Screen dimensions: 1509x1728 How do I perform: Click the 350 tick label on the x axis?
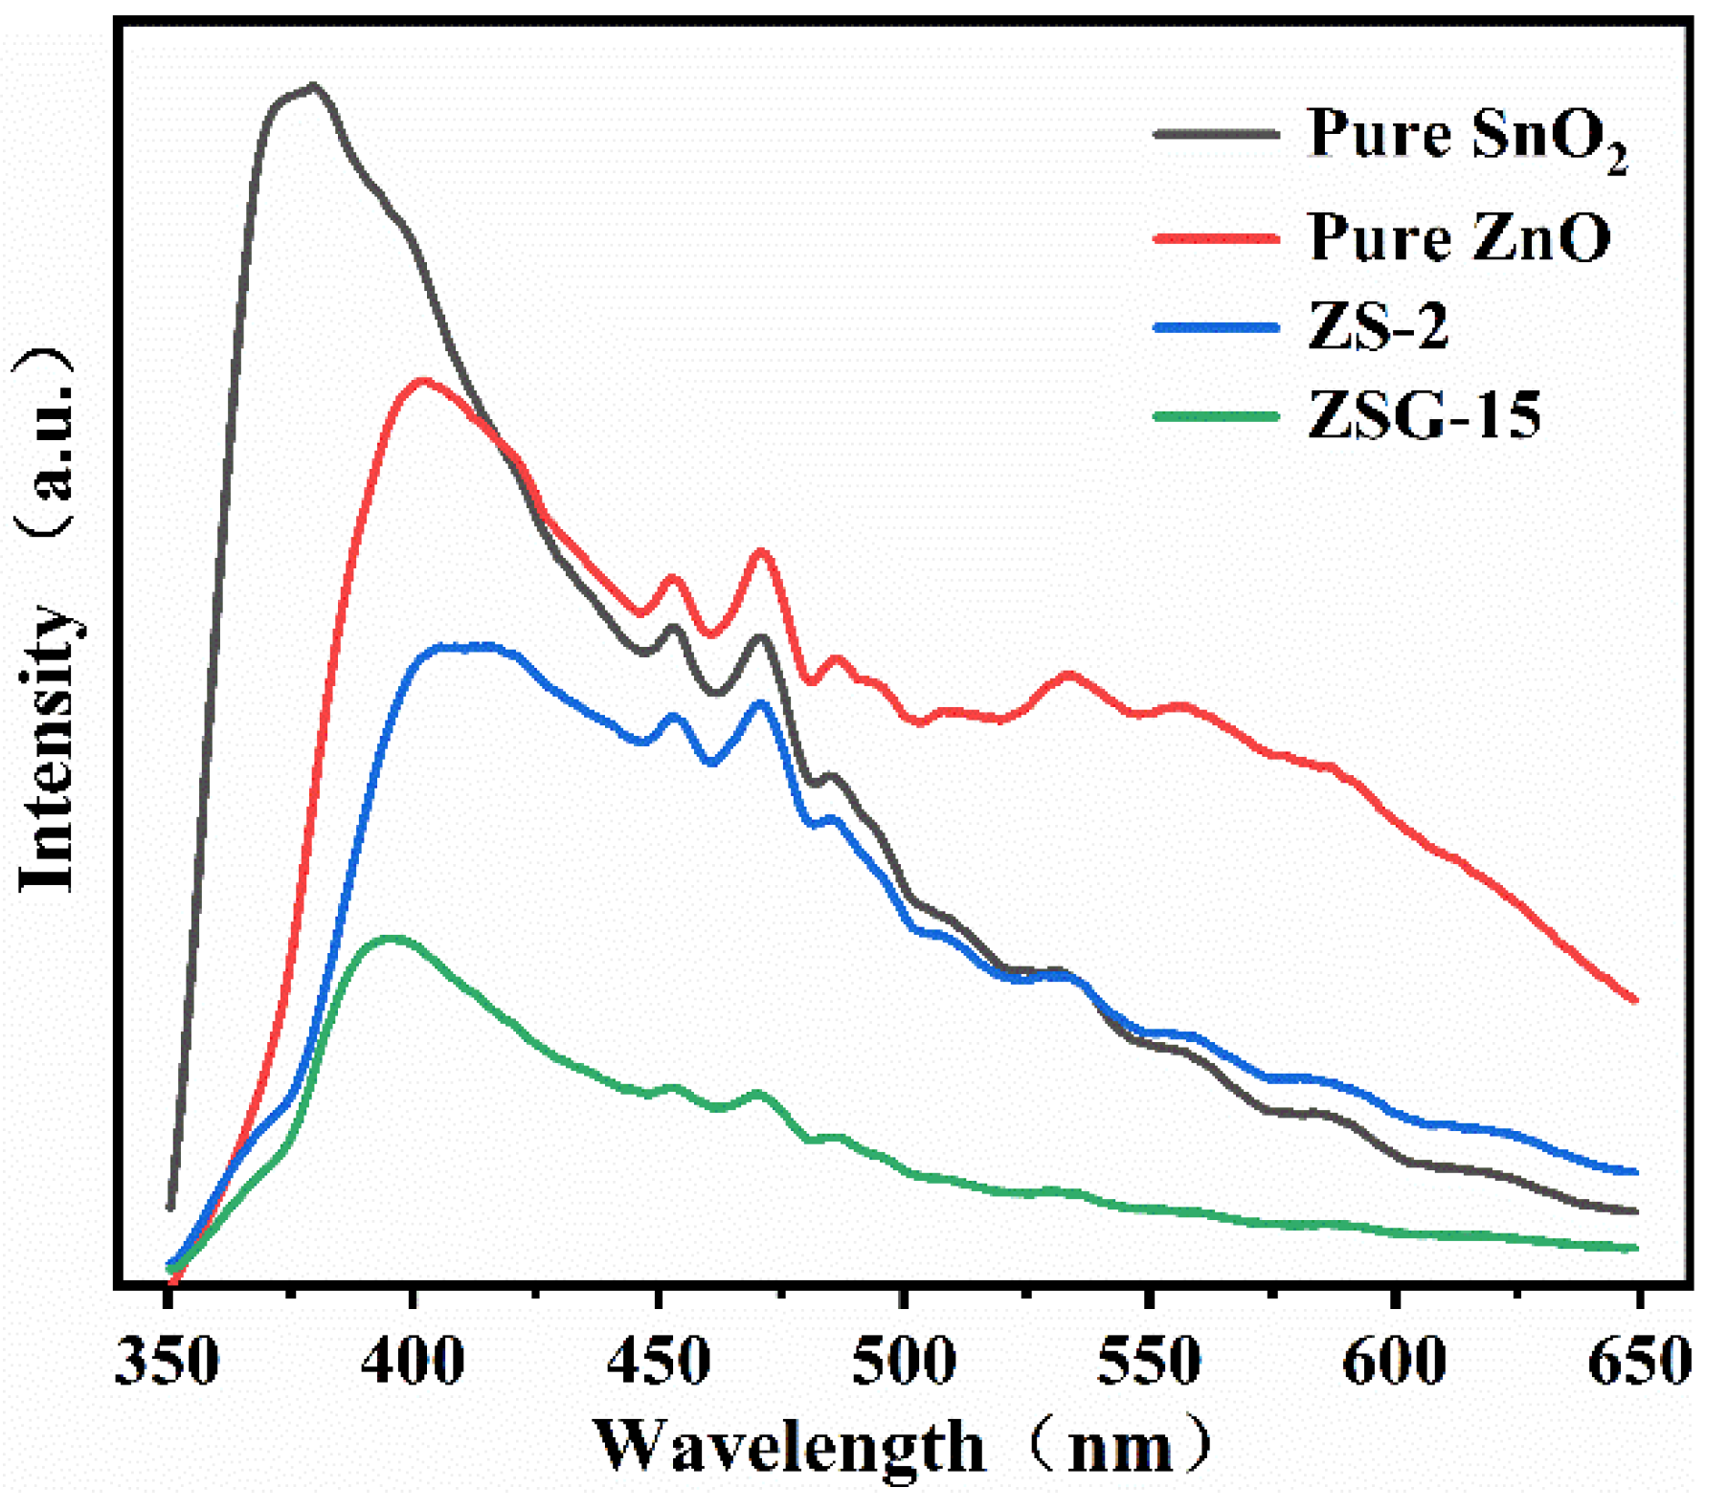[167, 1361]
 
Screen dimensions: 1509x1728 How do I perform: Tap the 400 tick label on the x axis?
[413, 1361]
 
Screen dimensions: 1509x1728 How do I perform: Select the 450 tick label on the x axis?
[659, 1361]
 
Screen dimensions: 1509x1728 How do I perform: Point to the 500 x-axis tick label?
[904, 1361]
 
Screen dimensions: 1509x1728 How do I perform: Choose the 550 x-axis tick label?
[1149, 1361]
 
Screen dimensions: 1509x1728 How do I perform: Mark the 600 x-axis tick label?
[1395, 1361]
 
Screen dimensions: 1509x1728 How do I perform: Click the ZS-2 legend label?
[1378, 326]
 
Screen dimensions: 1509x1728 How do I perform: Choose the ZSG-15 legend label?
[1425, 415]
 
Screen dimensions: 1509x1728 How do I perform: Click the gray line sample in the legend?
[1216, 135]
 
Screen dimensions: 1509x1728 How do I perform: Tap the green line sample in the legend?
[1216, 416]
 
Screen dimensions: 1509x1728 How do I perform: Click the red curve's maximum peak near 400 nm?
[422, 381]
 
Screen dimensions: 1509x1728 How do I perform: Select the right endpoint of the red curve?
[1636, 1000]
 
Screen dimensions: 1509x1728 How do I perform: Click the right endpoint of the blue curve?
[1636, 1172]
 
